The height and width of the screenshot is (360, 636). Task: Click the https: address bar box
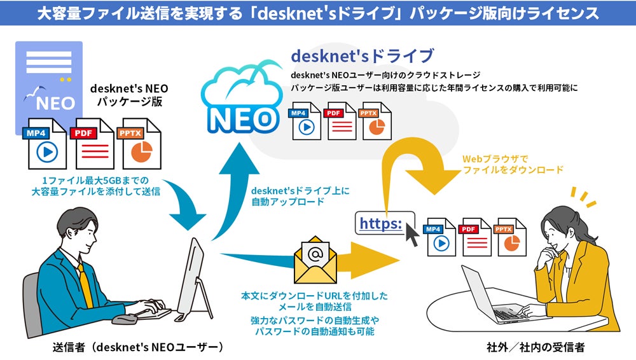pyautogui.click(x=382, y=223)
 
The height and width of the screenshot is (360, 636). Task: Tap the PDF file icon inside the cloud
pyautogui.click(x=342, y=121)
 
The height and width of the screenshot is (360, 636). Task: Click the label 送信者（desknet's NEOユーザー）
pyautogui.click(x=137, y=347)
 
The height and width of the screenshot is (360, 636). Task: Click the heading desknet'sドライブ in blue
pyautogui.click(x=362, y=56)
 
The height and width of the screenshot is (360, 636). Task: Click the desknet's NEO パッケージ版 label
pyautogui.click(x=130, y=94)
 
